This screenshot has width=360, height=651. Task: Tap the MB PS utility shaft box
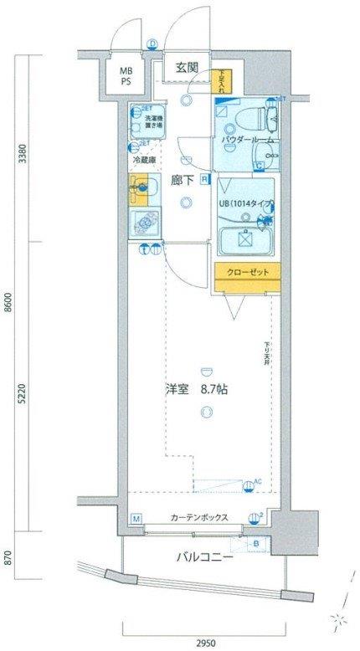coord(125,77)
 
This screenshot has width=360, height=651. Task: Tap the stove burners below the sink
coord(147,224)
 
